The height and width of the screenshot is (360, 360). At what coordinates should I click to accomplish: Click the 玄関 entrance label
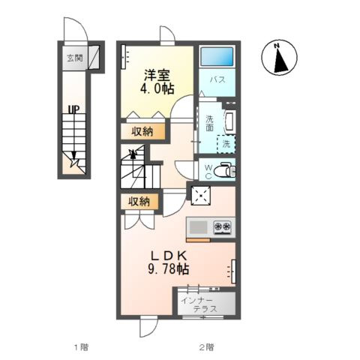click(75, 58)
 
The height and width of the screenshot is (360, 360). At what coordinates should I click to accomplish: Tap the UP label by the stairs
click(74, 109)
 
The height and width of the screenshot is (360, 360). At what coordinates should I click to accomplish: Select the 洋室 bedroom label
click(157, 75)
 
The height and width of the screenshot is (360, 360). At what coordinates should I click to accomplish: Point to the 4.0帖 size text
click(157, 88)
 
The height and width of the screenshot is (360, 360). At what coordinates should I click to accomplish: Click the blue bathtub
click(217, 57)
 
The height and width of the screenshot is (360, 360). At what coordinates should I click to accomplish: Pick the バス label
click(217, 80)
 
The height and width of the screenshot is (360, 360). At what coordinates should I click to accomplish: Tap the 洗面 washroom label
click(209, 123)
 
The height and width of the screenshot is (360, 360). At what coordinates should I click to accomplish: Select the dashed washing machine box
click(226, 144)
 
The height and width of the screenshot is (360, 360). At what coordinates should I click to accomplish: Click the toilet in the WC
click(227, 169)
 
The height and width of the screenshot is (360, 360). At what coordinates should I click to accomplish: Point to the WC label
click(208, 171)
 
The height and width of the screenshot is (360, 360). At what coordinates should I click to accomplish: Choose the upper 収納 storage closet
click(142, 131)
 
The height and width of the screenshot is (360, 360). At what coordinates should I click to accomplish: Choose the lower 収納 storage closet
click(139, 202)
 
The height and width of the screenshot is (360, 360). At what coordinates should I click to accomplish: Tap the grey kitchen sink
click(198, 227)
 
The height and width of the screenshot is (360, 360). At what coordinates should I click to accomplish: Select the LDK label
click(168, 256)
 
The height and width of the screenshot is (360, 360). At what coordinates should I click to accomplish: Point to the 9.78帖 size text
click(168, 269)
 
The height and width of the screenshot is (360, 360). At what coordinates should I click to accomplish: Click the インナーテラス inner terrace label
click(199, 304)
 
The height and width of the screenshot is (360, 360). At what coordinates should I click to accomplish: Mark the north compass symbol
click(279, 58)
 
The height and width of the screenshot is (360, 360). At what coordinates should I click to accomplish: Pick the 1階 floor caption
click(81, 347)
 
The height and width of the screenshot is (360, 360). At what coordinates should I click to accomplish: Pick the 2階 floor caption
click(206, 347)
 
